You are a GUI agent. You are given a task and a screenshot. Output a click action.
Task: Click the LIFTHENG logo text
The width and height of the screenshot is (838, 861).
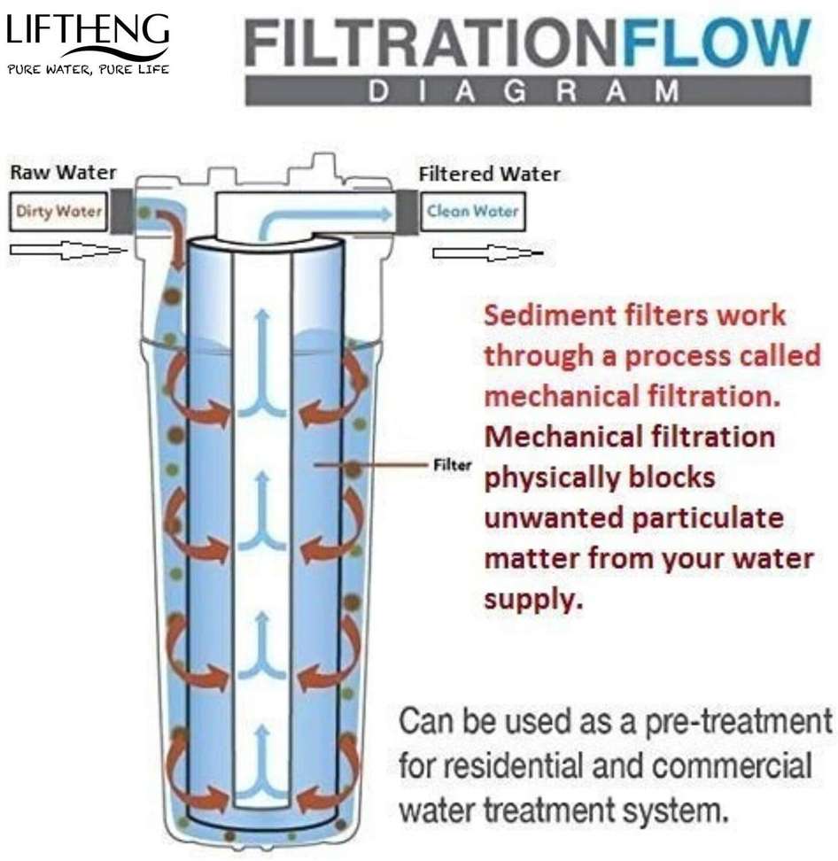(x=86, y=32)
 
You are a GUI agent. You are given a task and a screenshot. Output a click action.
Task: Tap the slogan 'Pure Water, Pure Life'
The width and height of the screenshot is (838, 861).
(x=87, y=68)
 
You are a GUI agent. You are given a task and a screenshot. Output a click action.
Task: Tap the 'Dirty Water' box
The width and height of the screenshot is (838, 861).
(x=58, y=212)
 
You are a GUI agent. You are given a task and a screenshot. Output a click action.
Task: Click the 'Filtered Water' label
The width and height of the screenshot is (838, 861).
(x=489, y=174)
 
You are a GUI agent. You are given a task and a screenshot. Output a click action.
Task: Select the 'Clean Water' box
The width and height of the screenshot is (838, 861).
(x=471, y=212)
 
